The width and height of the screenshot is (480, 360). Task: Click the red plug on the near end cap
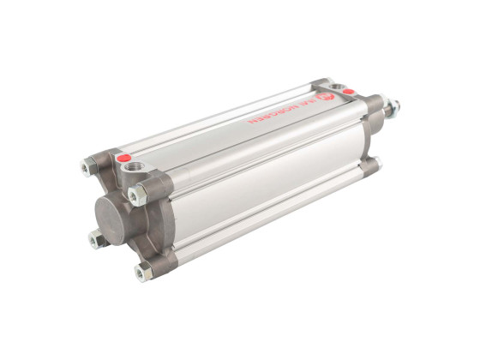pos(125,159)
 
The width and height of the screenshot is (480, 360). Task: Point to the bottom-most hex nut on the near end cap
pos(141,273)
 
